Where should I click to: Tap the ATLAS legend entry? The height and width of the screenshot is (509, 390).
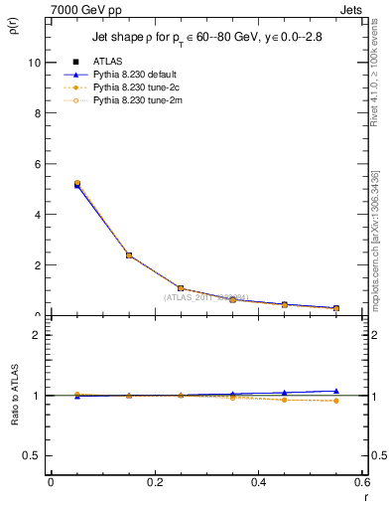pyautogui.click(x=107, y=61)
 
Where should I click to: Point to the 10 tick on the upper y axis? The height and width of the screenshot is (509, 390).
pyautogui.click(x=35, y=62)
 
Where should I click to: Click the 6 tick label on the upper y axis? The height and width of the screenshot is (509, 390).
pyautogui.click(x=38, y=163)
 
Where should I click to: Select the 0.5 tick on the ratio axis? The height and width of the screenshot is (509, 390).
pyautogui.click(x=33, y=455)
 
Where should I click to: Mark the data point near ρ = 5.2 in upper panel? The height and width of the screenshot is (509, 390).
pyautogui.click(x=77, y=184)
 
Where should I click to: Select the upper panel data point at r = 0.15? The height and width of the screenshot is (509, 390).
pyautogui.click(x=129, y=255)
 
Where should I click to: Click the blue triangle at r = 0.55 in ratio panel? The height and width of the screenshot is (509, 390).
pyautogui.click(x=336, y=391)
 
